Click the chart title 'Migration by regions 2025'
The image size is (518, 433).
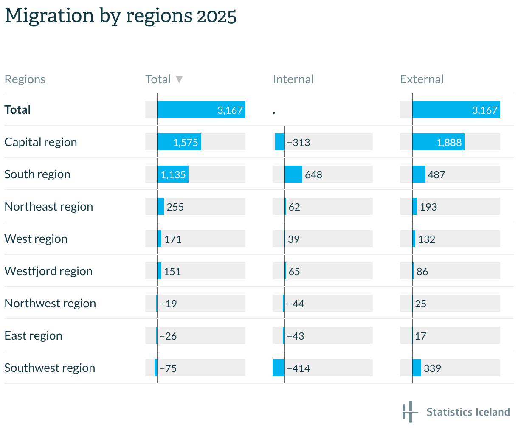(121, 16)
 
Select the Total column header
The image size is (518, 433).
(158, 79)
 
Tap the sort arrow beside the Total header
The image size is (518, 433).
(179, 79)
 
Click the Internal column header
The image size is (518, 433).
(293, 79)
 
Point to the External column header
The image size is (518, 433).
(422, 79)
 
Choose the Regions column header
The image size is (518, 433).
(25, 79)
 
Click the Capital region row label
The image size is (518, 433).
(41, 142)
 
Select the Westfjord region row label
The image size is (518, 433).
(48, 271)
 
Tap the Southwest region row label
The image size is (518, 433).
(50, 368)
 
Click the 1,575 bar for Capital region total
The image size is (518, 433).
(179, 142)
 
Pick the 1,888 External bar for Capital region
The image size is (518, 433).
(438, 142)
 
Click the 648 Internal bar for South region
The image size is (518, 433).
(293, 174)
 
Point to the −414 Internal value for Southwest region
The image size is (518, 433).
(298, 368)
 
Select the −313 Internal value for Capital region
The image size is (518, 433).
(298, 142)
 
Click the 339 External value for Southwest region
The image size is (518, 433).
(432, 368)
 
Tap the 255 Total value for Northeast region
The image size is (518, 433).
(175, 207)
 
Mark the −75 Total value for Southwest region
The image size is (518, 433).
(168, 368)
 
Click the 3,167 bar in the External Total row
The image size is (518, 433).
(456, 110)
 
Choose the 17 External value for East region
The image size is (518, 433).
(420, 336)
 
